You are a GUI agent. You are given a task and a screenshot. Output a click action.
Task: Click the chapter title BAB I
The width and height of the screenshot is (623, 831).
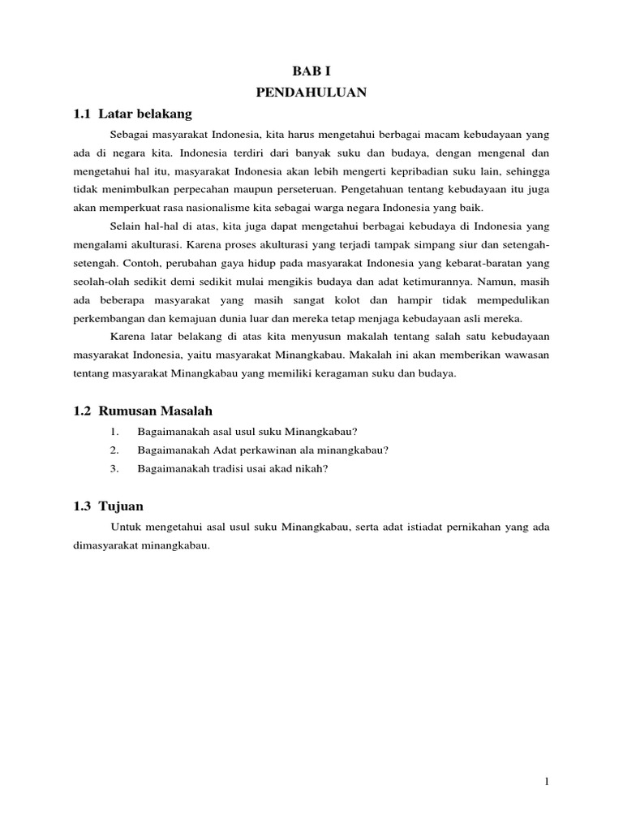(x=311, y=72)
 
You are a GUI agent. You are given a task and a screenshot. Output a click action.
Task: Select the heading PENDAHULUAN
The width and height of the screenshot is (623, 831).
(x=311, y=93)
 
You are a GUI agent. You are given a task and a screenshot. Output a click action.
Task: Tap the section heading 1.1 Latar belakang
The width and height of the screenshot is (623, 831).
(x=132, y=114)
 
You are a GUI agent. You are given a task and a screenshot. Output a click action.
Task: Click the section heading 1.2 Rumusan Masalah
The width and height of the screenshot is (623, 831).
(x=143, y=411)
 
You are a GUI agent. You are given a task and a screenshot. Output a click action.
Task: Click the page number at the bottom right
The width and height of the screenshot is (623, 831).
(x=548, y=781)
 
